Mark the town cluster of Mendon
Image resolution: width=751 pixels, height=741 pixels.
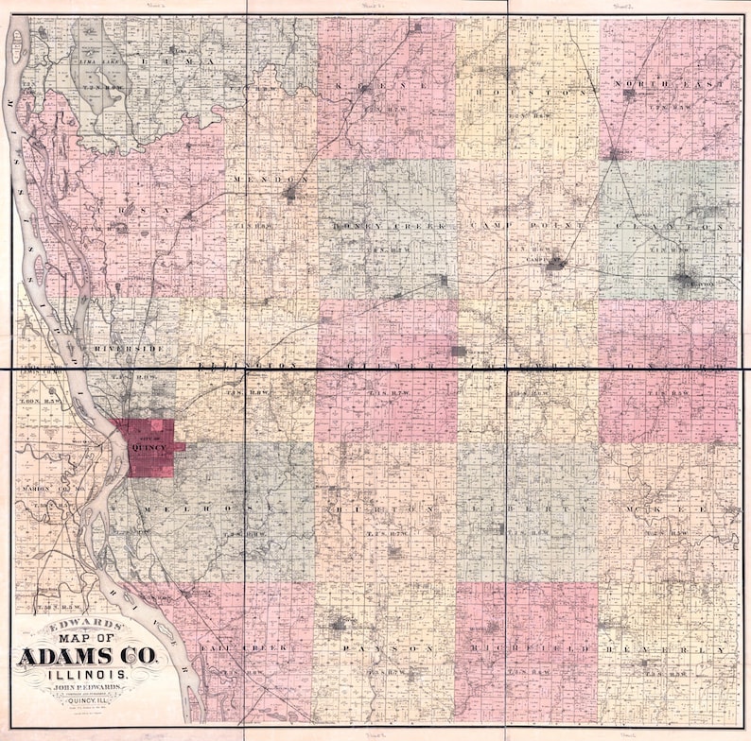290,194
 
